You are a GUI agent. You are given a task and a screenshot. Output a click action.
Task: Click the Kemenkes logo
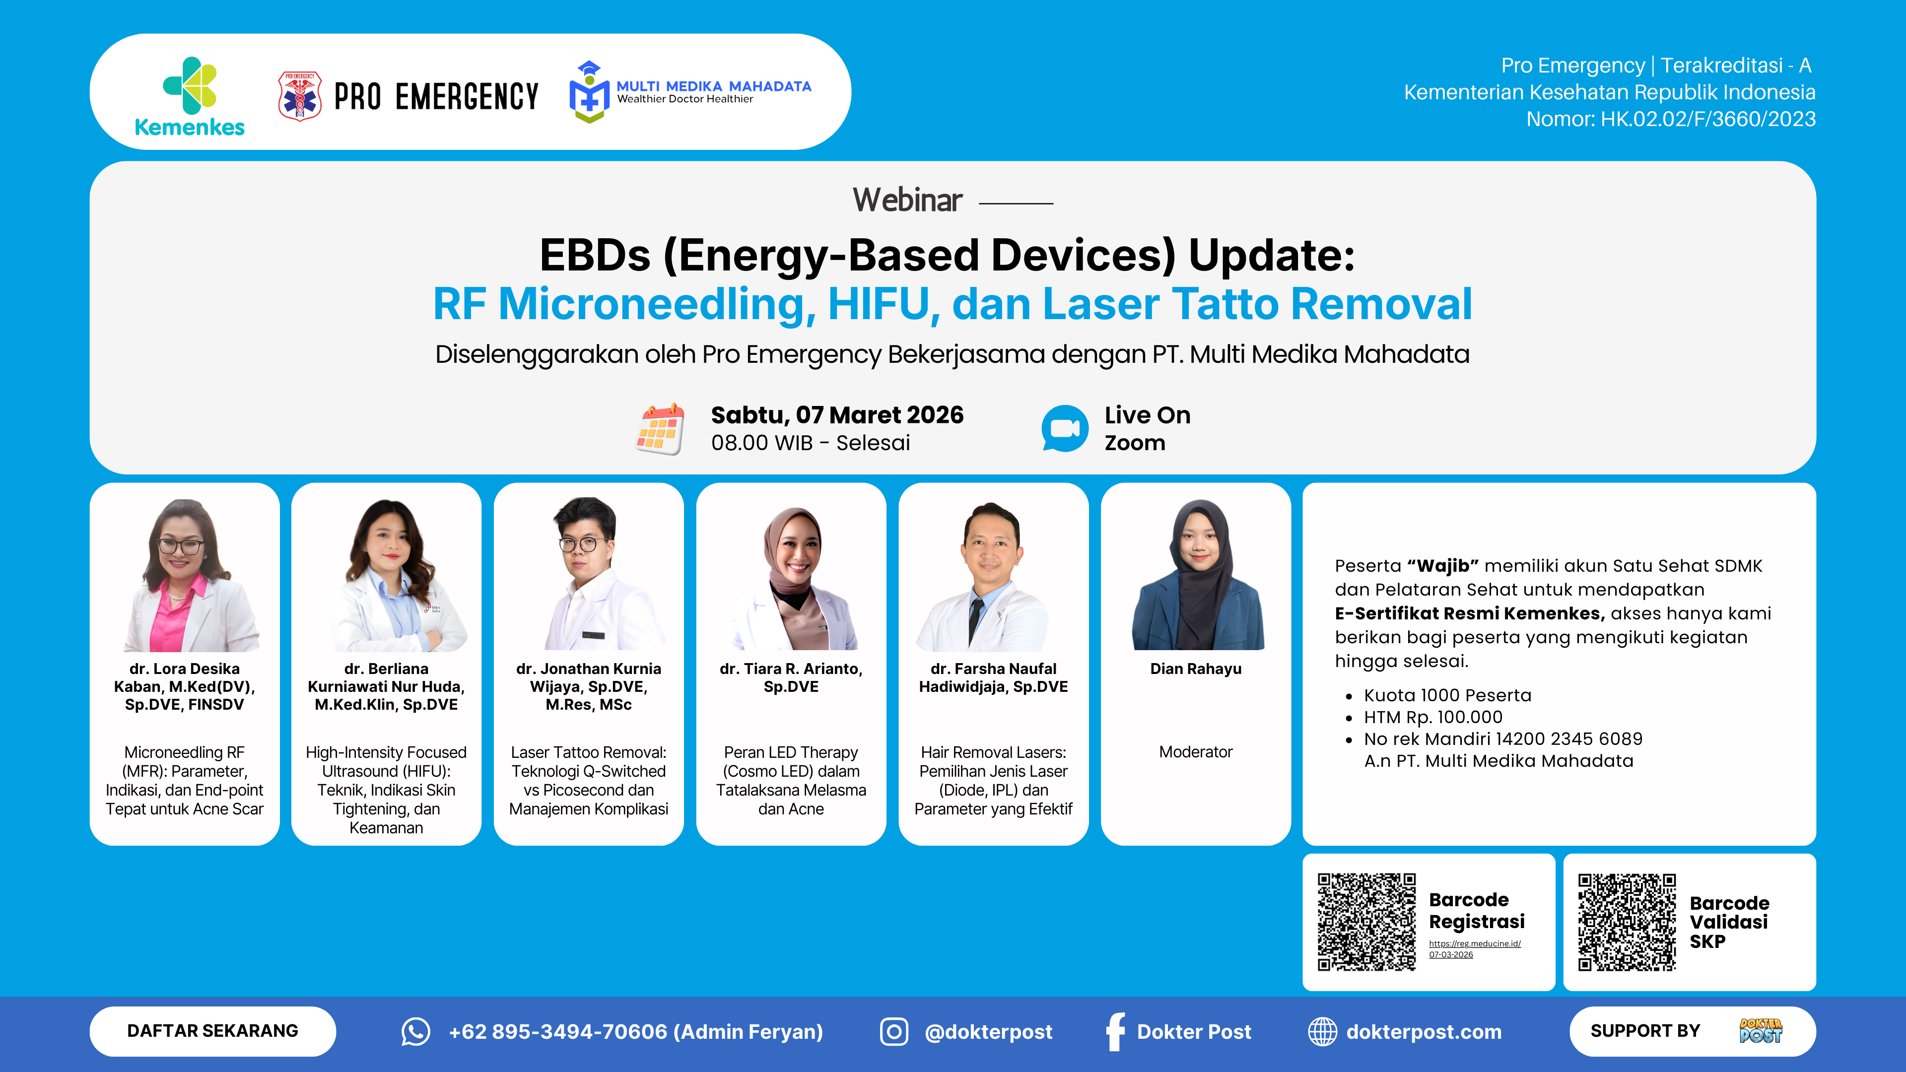point(190,96)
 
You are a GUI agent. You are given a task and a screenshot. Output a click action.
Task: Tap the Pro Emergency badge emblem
point(300,96)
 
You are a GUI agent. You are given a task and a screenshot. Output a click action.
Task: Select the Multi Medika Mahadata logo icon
point(589,92)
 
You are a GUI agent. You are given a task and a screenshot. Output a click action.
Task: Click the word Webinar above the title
point(907,200)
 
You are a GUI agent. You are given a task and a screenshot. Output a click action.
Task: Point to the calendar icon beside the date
point(659,429)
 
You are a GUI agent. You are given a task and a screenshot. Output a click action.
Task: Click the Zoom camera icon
point(1065,428)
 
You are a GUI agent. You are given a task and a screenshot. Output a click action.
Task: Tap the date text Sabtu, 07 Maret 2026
point(837,415)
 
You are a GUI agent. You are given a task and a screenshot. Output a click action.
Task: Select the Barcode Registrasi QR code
point(1366,922)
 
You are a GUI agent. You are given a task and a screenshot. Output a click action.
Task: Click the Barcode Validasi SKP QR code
point(1627,922)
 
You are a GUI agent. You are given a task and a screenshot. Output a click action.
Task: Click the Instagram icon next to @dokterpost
point(894,1031)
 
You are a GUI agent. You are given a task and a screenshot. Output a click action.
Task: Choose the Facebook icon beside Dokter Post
point(1115,1031)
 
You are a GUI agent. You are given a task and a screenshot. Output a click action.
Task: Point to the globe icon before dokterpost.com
point(1322,1031)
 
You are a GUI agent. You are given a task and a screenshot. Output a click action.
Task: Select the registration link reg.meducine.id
point(1475,948)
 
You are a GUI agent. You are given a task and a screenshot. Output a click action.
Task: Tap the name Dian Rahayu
point(1196,669)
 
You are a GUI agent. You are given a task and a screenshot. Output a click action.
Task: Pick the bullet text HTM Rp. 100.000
point(1433,717)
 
